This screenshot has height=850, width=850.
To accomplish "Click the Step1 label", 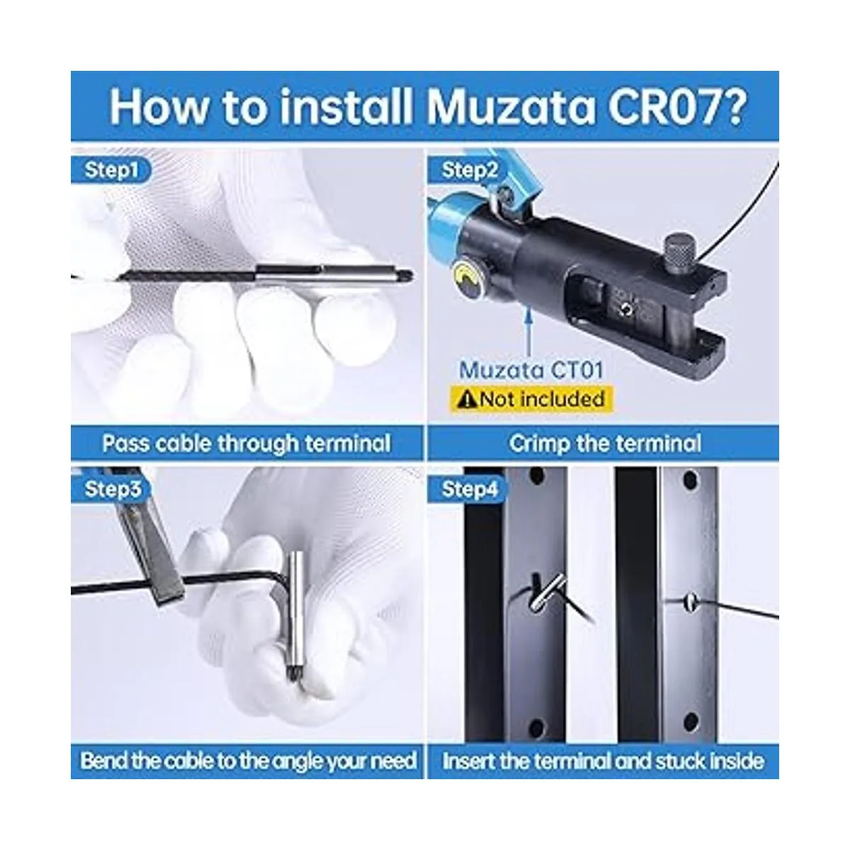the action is pos(111,170).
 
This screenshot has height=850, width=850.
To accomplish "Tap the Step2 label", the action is pos(470,170).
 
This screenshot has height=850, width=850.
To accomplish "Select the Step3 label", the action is pos(113,489).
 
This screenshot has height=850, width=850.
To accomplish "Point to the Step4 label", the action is pos(470,489).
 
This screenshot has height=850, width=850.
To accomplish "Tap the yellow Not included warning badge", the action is pos(531,399).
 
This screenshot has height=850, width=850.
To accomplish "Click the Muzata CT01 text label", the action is pos(531,370).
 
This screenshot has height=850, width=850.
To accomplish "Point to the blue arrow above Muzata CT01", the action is pos(529,331).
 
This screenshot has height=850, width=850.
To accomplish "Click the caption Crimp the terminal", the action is pos(605,443).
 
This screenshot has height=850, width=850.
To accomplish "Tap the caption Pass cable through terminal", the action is pos(246,443).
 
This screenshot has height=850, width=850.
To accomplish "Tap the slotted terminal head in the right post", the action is pos(691,600).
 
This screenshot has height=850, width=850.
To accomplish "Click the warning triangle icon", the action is pos(467,399).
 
